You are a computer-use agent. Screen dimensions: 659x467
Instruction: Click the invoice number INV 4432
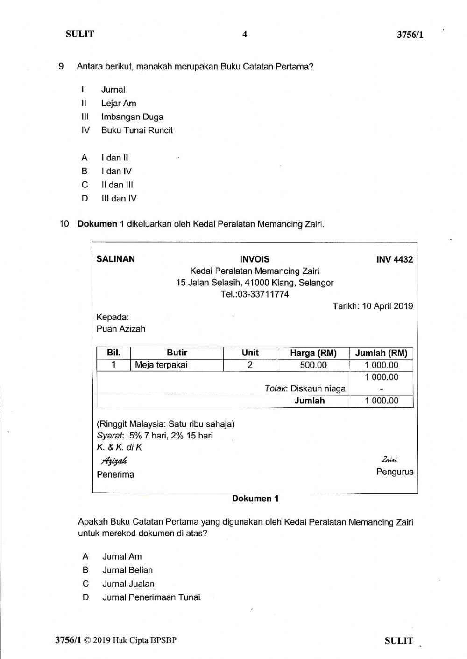tap(395, 259)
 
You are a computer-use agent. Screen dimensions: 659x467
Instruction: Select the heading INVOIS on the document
tap(255, 259)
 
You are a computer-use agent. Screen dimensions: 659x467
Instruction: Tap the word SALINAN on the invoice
tap(115, 259)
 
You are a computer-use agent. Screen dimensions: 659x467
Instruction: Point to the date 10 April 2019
tap(388, 306)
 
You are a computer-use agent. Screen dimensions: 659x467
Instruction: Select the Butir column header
tap(177, 353)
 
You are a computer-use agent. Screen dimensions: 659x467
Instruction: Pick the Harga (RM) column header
tap(313, 353)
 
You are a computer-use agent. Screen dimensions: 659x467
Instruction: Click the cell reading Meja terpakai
tap(161, 365)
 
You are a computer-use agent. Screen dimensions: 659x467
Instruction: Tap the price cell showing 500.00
tap(313, 365)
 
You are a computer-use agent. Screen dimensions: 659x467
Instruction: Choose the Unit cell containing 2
tap(250, 365)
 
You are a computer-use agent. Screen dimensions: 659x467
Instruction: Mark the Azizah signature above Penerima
tap(114, 461)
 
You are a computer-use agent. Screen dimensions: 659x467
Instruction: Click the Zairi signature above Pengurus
tap(389, 460)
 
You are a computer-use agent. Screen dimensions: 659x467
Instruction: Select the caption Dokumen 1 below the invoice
tap(255, 499)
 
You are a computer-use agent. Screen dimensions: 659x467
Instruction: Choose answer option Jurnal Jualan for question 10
tap(128, 583)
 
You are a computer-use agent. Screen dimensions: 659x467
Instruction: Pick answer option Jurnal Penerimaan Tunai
tap(151, 597)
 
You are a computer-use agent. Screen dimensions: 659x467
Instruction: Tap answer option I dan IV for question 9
tap(116, 171)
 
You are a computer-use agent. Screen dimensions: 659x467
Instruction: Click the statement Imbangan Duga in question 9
tap(132, 117)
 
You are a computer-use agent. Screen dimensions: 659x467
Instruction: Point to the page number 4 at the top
tap(244, 34)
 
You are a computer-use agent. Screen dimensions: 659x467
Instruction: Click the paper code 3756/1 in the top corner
tap(410, 35)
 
